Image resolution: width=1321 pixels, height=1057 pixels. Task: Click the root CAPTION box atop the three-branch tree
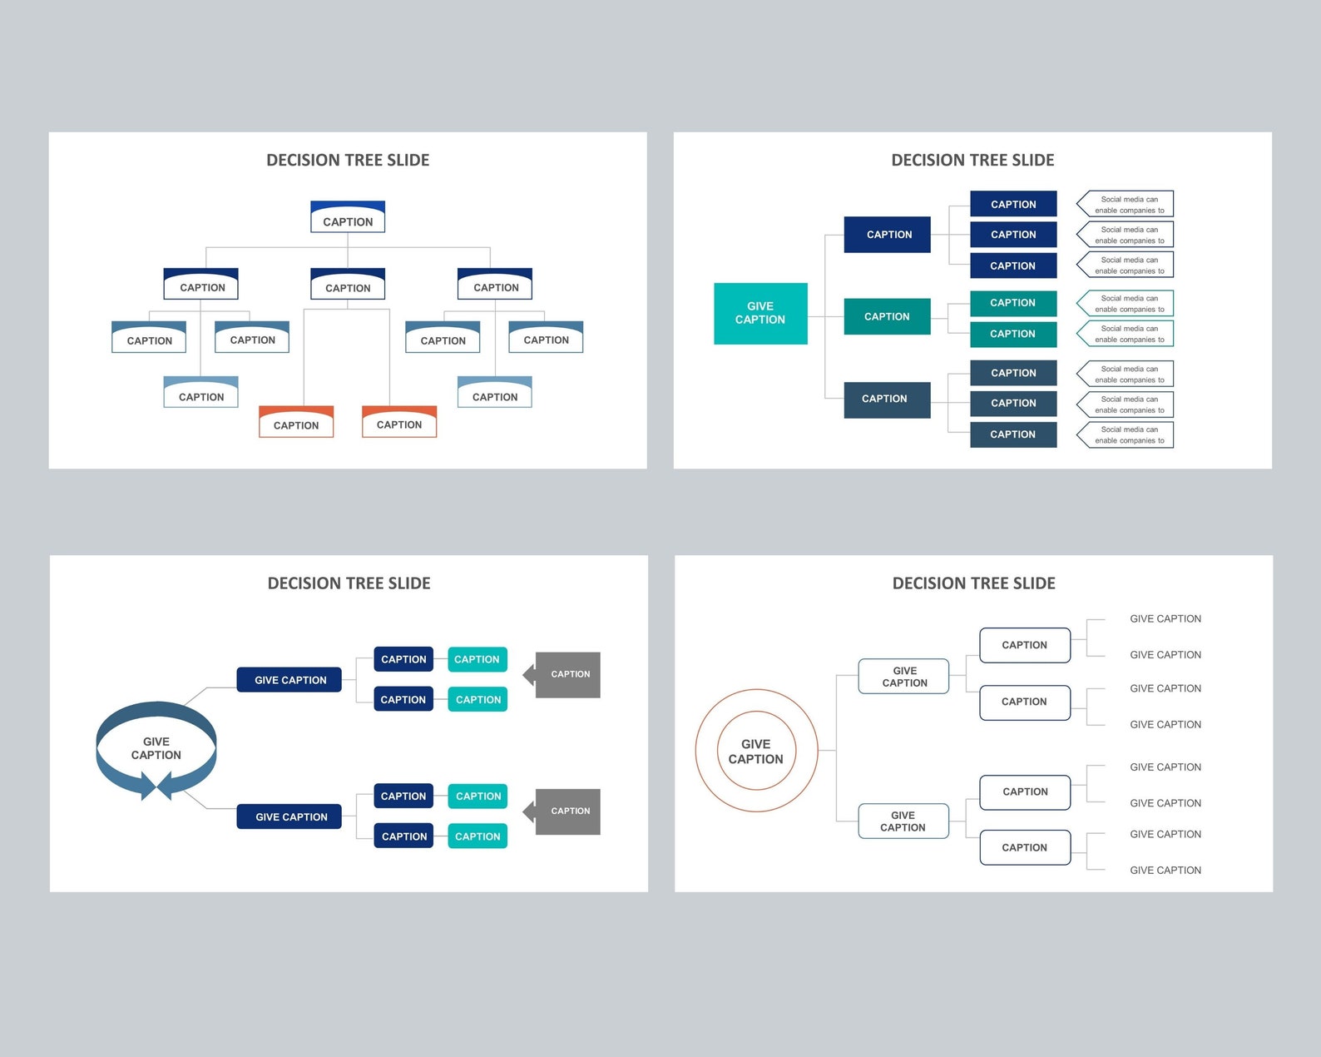348,218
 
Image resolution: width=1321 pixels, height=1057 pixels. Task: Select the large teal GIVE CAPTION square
760,313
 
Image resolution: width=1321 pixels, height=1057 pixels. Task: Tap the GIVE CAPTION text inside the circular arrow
156,748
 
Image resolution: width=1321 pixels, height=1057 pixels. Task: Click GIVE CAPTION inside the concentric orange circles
755,752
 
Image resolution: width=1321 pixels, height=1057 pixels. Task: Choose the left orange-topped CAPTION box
296,423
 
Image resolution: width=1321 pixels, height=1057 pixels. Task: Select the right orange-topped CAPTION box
399,422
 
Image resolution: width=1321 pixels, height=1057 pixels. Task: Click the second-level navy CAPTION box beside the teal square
887,235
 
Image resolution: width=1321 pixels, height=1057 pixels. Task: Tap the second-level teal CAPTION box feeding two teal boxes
887,316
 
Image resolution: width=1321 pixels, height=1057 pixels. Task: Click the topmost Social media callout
1126,205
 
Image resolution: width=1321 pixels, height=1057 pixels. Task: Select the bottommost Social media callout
1126,435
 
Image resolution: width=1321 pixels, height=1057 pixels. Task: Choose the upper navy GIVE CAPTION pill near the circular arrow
289,680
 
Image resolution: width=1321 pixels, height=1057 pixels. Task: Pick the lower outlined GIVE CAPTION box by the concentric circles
903,821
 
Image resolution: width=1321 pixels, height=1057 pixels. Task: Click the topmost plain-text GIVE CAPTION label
1165,619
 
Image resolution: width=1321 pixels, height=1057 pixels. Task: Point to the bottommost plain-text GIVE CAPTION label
1165,871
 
